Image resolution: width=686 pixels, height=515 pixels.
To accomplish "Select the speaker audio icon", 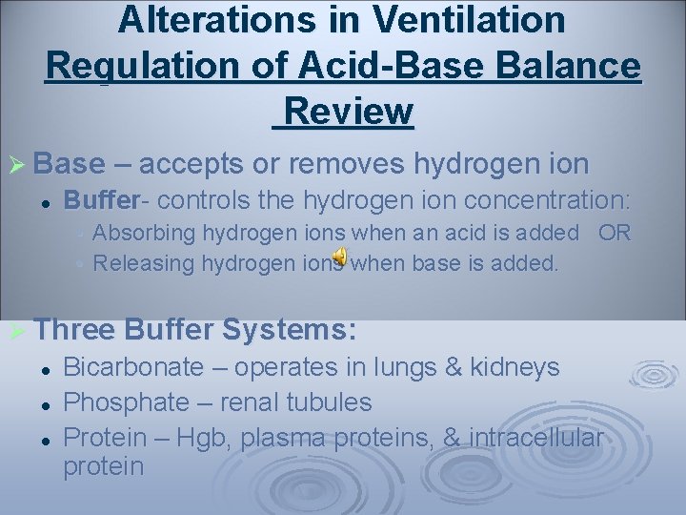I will click(x=340, y=256).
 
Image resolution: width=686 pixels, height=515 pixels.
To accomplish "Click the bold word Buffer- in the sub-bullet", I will click(x=106, y=200).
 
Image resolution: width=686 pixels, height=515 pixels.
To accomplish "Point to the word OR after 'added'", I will click(x=614, y=233).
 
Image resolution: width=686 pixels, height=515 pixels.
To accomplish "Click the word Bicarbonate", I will click(x=132, y=367).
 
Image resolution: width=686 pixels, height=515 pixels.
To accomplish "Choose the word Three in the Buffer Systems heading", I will click(x=73, y=331).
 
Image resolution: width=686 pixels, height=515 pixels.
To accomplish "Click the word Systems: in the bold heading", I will click(x=290, y=331).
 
